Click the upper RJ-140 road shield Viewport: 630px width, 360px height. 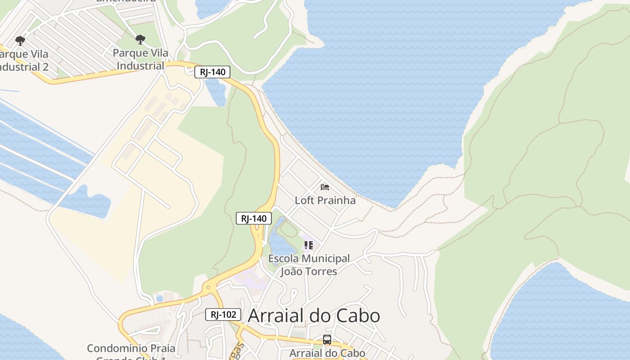point(212,72)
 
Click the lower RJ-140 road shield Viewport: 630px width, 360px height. point(254,219)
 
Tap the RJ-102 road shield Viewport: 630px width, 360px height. point(223,315)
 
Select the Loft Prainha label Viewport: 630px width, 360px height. point(325,200)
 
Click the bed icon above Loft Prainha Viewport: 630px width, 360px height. point(325,187)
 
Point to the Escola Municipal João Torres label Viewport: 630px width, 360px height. point(309,265)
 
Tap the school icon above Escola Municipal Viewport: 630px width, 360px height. point(309,245)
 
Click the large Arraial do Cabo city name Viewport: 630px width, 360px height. point(314,316)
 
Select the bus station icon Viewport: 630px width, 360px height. point(327,340)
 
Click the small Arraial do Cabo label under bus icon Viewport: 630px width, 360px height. point(327,353)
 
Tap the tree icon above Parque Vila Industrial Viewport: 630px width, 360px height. point(140,40)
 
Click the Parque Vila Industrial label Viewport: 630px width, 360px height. point(140,59)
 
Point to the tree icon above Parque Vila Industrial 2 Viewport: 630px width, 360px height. point(20,41)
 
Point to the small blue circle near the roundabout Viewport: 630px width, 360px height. point(159,298)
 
